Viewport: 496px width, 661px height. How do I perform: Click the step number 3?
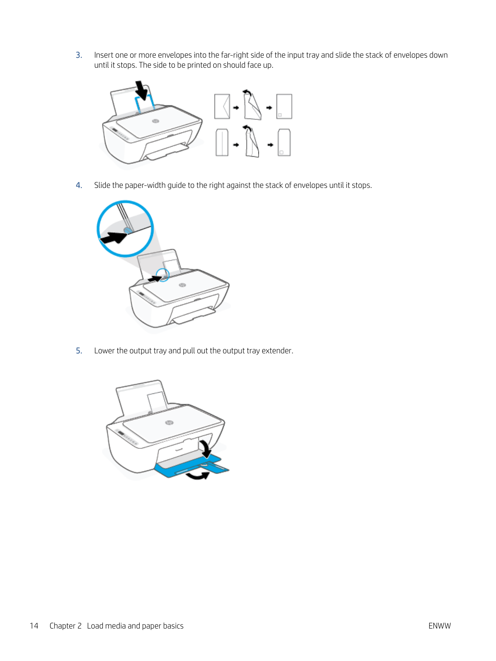click(x=79, y=55)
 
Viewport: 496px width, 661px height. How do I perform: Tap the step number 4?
click(x=79, y=185)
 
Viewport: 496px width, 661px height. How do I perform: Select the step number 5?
click(x=79, y=351)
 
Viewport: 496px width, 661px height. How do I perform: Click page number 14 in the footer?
click(x=34, y=626)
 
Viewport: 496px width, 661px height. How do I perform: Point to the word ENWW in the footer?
click(x=440, y=626)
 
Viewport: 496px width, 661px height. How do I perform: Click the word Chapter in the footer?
click(x=62, y=626)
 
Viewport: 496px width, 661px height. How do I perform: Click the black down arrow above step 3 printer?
click(x=142, y=90)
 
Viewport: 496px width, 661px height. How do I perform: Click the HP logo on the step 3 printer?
click(x=155, y=121)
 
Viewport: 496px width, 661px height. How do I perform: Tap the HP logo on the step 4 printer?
click(x=182, y=285)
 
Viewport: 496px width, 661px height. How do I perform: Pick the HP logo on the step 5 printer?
click(x=169, y=423)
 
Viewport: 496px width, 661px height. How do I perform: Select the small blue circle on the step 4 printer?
click(x=163, y=275)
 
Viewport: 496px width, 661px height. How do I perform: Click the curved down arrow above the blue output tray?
click(x=205, y=448)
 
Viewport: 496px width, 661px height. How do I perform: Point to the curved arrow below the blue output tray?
click(x=197, y=476)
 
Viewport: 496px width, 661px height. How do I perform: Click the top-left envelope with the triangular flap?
click(x=222, y=106)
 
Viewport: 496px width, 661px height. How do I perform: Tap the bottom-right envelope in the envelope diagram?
click(x=284, y=143)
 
